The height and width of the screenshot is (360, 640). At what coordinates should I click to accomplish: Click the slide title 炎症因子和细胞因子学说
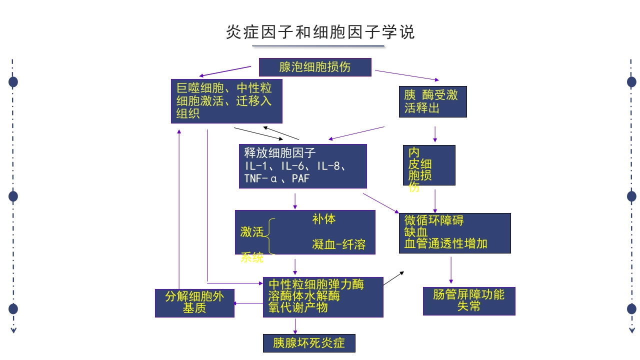pyautogui.click(x=320, y=32)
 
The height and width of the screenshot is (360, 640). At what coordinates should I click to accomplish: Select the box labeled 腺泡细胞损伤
pyautogui.click(x=315, y=67)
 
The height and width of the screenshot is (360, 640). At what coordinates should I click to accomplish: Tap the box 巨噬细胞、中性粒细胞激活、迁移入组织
pyautogui.click(x=226, y=101)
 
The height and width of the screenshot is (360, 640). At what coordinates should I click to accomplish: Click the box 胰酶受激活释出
pyautogui.click(x=432, y=101)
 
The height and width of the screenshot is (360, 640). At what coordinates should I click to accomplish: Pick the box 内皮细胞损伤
pyautogui.click(x=429, y=165)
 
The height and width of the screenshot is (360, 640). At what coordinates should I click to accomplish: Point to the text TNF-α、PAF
pyautogui.click(x=277, y=178)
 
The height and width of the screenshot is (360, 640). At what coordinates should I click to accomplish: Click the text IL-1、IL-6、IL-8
pyautogui.click(x=298, y=166)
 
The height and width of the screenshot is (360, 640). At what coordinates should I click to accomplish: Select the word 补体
pyautogui.click(x=324, y=219)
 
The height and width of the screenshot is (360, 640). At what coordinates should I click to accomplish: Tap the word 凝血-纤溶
pyautogui.click(x=339, y=244)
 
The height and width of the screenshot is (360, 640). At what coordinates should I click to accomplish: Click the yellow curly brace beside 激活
pyautogui.click(x=269, y=236)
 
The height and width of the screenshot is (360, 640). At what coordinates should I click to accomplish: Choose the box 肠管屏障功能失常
pyautogui.click(x=469, y=301)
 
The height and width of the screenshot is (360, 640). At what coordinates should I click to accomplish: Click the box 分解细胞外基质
pyautogui.click(x=194, y=303)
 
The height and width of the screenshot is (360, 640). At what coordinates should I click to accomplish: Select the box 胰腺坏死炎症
pyautogui.click(x=309, y=343)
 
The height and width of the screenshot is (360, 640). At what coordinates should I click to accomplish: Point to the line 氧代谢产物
pyautogui.click(x=298, y=307)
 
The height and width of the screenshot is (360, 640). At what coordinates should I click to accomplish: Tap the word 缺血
pyautogui.click(x=416, y=232)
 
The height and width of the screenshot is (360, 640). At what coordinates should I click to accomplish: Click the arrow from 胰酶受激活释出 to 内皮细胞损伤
pyautogui.click(x=435, y=134)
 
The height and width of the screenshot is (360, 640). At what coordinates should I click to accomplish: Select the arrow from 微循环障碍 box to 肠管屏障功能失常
pyautogui.click(x=451, y=270)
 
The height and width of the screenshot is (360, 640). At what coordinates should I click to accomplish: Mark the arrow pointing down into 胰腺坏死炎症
pyautogui.click(x=295, y=326)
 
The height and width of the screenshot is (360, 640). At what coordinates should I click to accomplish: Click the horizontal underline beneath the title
pyautogui.click(x=318, y=46)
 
